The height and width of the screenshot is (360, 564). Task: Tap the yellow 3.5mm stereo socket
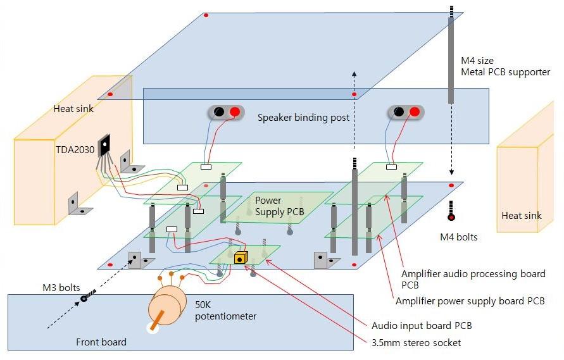[241, 258]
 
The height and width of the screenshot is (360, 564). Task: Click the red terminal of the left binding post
[235, 112]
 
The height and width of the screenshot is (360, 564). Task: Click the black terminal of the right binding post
[399, 112]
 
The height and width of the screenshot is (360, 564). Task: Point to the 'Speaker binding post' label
[303, 118]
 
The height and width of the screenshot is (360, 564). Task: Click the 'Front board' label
[101, 342]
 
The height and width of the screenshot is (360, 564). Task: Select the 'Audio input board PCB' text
[421, 325]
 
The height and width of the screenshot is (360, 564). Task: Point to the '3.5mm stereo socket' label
[417, 342]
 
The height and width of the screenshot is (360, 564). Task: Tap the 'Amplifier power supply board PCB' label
[469, 301]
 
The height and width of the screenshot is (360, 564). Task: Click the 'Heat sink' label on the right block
[521, 216]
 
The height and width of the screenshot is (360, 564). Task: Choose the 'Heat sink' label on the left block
[73, 109]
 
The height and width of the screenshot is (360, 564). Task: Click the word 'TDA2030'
[73, 152]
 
